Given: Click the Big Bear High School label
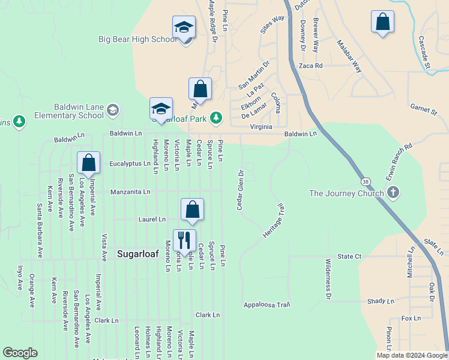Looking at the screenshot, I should (x=137, y=40).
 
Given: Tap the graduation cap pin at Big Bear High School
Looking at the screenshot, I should (x=184, y=28).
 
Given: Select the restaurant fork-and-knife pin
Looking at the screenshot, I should (x=184, y=241).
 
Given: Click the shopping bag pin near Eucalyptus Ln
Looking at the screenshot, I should (x=89, y=163).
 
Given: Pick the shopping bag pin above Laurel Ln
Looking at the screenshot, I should (x=192, y=209).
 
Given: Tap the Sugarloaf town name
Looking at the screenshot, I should (x=137, y=254).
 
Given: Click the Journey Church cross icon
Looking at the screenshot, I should (x=393, y=193).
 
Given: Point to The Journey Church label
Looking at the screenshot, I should (x=346, y=193).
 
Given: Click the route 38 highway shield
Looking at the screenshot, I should (x=365, y=181).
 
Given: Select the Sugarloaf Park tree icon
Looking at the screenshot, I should (x=215, y=116).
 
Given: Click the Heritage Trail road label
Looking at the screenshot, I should (x=272, y=220).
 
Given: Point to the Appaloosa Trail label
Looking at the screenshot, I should (x=267, y=305).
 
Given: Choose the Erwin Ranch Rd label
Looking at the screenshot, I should (x=400, y=158).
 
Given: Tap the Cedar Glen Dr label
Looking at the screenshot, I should (x=240, y=191).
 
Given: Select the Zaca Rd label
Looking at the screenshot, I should (x=310, y=65).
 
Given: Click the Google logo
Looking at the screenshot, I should (x=20, y=353).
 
